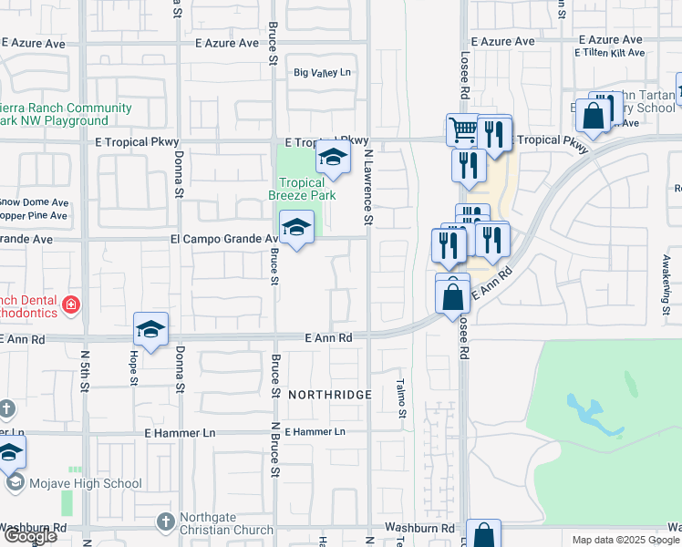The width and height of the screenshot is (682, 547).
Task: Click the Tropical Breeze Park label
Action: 302,189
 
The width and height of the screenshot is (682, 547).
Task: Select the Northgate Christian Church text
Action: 226,522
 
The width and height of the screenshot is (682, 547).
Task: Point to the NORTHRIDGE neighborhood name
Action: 330,395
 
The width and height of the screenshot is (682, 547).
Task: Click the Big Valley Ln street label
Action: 321,73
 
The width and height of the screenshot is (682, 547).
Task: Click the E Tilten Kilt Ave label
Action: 610,54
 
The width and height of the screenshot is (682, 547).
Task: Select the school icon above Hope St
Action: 150,329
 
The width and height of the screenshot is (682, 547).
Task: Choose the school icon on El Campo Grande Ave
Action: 296,228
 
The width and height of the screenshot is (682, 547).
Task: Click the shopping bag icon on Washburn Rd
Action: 484,535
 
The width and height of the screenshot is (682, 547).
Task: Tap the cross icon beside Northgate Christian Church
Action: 165,522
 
